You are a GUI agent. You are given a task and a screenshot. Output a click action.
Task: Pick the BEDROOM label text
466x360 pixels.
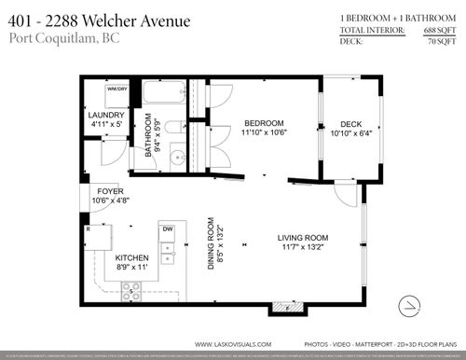point(264,123)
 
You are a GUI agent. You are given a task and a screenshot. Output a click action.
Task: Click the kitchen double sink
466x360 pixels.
point(168,249)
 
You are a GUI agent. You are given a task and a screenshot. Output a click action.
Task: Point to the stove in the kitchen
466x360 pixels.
point(132,291)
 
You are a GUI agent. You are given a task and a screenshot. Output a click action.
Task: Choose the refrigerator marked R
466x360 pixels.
point(95,233)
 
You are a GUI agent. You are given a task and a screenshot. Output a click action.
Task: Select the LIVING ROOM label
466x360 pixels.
point(303,239)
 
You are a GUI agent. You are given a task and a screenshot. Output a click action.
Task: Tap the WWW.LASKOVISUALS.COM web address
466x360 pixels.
point(232,343)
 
